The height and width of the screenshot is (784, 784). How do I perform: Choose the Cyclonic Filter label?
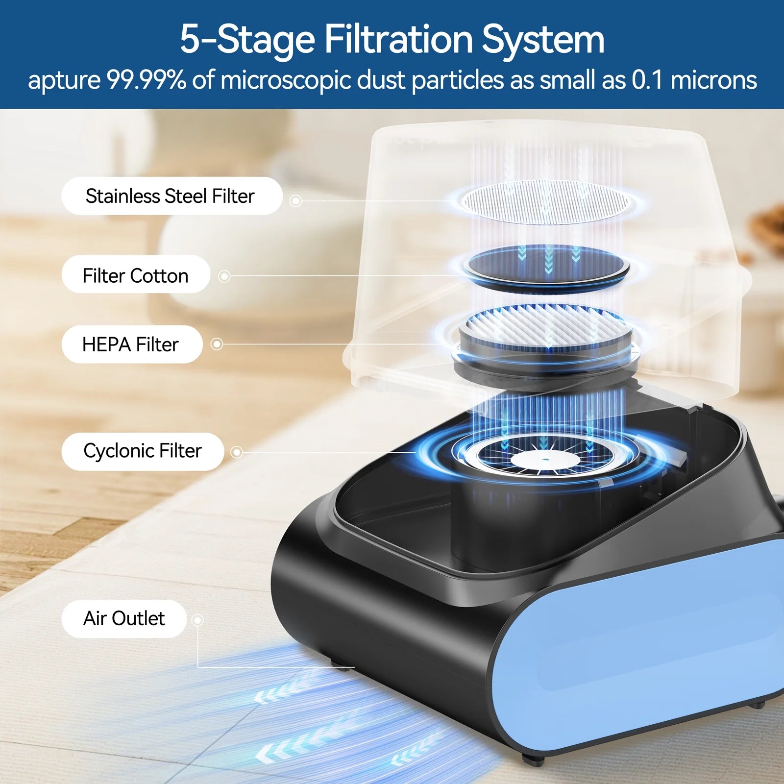pos(143,451)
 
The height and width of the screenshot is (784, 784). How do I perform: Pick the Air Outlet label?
pos(124,619)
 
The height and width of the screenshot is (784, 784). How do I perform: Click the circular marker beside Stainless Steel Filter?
pos(295,201)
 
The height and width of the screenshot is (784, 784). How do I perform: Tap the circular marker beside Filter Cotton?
pos(224,276)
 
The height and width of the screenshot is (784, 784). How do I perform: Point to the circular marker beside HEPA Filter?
pos(217,344)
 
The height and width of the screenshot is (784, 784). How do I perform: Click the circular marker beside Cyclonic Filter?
pos(237,452)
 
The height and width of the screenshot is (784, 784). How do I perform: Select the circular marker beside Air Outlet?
pos(197,620)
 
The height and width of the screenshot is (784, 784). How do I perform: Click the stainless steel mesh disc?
pos(546,202)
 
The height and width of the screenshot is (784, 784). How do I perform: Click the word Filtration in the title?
pos(398,39)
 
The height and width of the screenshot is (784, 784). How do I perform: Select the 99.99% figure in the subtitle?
pos(147,80)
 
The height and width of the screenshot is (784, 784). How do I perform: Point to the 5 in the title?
pos(190,39)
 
